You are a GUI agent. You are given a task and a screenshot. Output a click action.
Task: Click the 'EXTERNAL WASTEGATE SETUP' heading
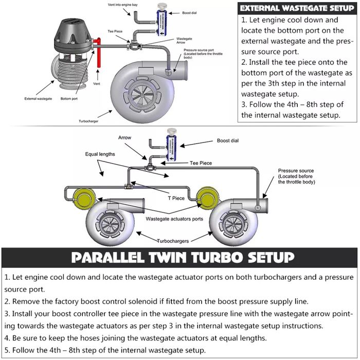coord(297,8)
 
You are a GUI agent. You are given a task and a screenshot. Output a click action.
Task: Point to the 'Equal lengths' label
coord(100,154)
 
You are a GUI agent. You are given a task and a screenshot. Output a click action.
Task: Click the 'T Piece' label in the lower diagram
coord(178,197)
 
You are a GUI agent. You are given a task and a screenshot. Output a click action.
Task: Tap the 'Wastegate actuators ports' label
coord(174,219)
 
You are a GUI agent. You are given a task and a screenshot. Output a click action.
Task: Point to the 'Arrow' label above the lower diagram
coord(125,138)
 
